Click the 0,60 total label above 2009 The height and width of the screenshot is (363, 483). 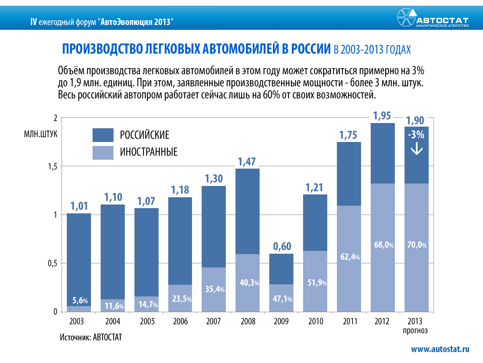(281, 246)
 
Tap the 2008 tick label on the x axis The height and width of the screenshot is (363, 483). (248, 322)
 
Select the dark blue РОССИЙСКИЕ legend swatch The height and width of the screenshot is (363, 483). (103, 135)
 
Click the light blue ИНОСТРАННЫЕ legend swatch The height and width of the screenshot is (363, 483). (103, 152)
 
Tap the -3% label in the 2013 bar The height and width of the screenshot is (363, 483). (416, 135)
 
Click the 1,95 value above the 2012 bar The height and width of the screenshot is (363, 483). (382, 116)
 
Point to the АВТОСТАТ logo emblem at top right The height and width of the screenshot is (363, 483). (406, 18)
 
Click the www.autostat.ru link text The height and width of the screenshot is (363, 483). (440, 349)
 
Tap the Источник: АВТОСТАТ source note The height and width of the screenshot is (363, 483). (91, 337)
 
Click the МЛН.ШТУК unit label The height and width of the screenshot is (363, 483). (41, 134)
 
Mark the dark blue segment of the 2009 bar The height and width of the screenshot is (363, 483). (281, 269)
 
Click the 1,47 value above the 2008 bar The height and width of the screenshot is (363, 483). (248, 162)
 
